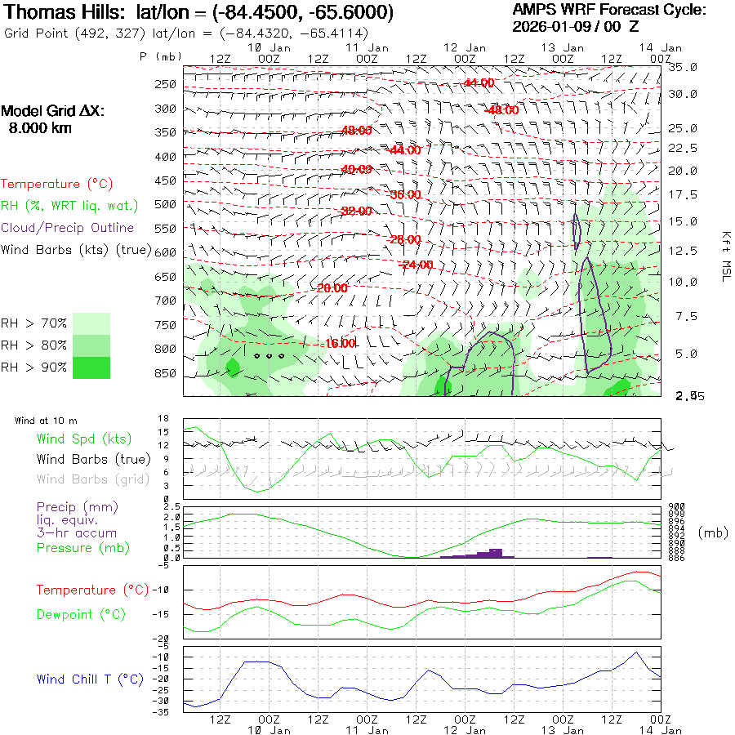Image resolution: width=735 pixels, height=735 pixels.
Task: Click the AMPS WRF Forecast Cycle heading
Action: pyautogui.click(x=609, y=10)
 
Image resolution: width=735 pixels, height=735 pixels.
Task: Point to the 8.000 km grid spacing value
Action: pyautogui.click(x=40, y=127)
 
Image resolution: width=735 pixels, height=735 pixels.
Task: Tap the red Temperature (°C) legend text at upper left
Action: pyautogui.click(x=52, y=185)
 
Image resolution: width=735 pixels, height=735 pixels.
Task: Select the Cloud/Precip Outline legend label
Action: pyautogui.click(x=68, y=228)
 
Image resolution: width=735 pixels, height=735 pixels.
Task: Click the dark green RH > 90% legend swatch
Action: pyautogui.click(x=91, y=367)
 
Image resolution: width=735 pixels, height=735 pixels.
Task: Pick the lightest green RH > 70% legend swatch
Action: pyautogui.click(x=91, y=323)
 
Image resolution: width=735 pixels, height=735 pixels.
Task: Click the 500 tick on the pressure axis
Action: pyautogui.click(x=165, y=204)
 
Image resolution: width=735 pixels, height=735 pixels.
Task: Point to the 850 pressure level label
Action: pyautogui.click(x=165, y=374)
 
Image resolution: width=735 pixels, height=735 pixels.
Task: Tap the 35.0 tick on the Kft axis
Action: pyautogui.click(x=684, y=67)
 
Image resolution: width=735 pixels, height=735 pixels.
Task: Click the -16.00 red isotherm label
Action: pyautogui.click(x=340, y=344)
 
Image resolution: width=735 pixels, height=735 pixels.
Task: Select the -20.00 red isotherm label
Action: pyautogui.click(x=332, y=288)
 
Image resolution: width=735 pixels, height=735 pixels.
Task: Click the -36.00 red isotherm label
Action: pyautogui.click(x=405, y=195)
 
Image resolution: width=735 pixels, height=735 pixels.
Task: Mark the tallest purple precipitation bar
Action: pyautogui.click(x=495, y=552)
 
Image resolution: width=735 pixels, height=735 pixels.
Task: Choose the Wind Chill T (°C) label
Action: pyautogui.click(x=90, y=679)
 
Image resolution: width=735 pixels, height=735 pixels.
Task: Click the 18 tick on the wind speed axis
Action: pyautogui.click(x=163, y=419)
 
